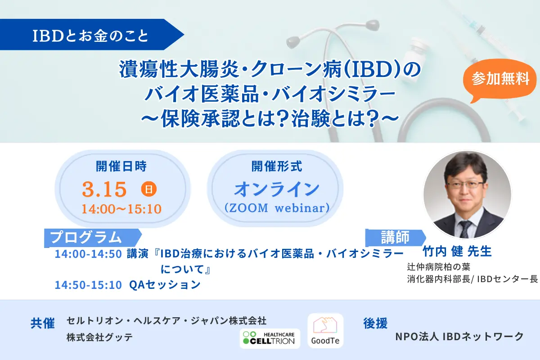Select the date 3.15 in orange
pos(104,189)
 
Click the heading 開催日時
pos(121,166)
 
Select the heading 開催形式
pos(276,166)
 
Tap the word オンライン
pos(276,189)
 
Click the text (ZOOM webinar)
pos(276,208)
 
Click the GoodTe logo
pos(325,331)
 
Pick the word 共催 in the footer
pos(43,324)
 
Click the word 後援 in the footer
pos(375,323)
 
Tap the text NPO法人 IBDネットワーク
pos(459,336)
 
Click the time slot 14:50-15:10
pos(88,285)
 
